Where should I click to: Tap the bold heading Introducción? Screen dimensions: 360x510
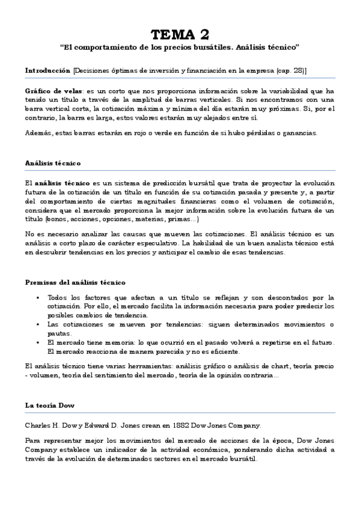tap(47, 71)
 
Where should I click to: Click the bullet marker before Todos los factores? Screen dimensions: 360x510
tap(37, 298)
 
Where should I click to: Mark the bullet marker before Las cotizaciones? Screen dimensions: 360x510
tap(37, 325)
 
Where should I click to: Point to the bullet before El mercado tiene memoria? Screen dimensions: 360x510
tap(37, 342)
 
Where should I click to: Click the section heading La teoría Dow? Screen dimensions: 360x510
tap(50, 405)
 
